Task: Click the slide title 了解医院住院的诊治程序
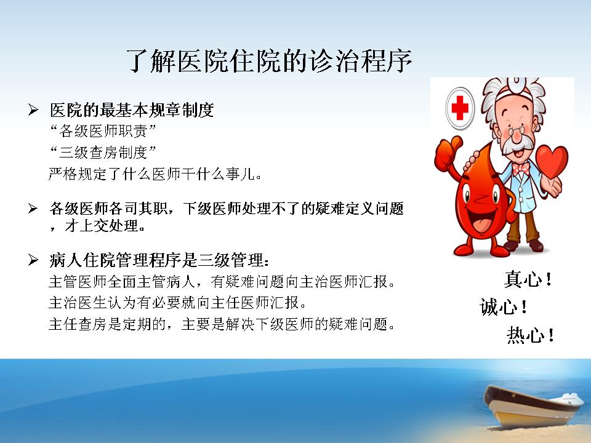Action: point(269,60)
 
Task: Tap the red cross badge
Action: point(460,108)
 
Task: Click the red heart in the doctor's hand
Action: point(552,162)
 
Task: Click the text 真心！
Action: point(528,279)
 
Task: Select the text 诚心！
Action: point(504,306)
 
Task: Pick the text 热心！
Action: point(531,335)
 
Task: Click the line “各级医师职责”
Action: point(103,131)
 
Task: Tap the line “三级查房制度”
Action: point(103,153)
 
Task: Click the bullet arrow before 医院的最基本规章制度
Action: point(33,110)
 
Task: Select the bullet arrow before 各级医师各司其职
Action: point(33,209)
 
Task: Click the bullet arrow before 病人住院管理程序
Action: point(33,260)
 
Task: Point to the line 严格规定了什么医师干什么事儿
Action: point(155,174)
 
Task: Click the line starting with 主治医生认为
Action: point(178,303)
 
